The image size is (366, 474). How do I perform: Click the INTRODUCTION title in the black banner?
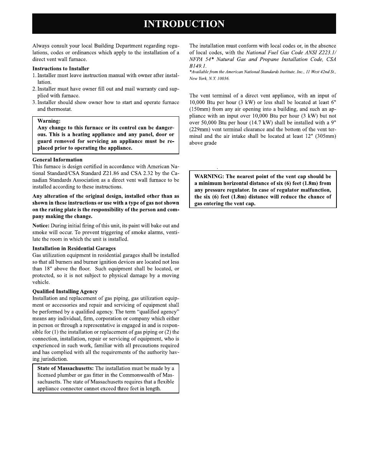click(x=184, y=24)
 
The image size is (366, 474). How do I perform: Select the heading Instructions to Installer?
click(x=61, y=69)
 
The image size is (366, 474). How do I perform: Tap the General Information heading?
click(x=57, y=160)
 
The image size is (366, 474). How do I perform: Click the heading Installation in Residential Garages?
click(x=74, y=248)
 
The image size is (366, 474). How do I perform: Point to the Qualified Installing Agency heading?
click(x=65, y=291)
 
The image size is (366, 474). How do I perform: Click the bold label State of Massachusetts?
click(x=65, y=368)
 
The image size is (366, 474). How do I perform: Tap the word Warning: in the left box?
click(x=49, y=121)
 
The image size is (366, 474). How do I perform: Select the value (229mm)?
click(x=199, y=129)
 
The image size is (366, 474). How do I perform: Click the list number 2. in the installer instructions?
click(x=35, y=89)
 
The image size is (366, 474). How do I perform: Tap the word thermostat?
click(x=59, y=109)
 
